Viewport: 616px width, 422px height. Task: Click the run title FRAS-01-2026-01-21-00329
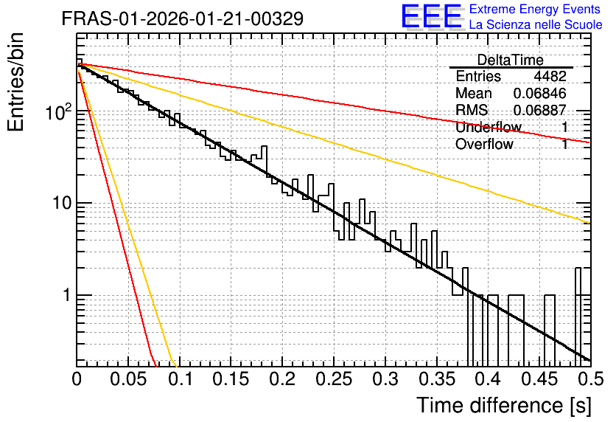tap(183, 18)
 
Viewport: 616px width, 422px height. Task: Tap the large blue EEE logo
tap(432, 16)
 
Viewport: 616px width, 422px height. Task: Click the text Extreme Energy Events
tap(535, 9)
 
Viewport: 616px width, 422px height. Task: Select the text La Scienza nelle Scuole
tap(536, 24)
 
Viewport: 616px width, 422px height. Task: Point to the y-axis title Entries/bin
tap(15, 82)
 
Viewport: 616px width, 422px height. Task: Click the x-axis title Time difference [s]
tap(504, 406)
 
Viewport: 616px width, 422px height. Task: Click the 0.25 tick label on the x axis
tap(334, 379)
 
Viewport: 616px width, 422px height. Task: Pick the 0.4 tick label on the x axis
tap(488, 379)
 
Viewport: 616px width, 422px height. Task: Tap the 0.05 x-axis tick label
tap(128, 379)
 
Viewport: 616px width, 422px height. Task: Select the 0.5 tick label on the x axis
tap(590, 379)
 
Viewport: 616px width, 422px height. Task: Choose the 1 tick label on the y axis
tap(67, 295)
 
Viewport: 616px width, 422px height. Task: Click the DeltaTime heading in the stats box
tap(511, 60)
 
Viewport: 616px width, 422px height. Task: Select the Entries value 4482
tap(550, 76)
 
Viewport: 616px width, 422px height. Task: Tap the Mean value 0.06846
tap(540, 93)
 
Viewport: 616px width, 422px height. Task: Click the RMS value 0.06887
tap(540, 110)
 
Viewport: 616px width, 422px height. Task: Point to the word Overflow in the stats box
tap(484, 145)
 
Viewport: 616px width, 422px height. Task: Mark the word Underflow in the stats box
tap(489, 127)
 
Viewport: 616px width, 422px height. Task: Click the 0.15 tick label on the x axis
tap(231, 379)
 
